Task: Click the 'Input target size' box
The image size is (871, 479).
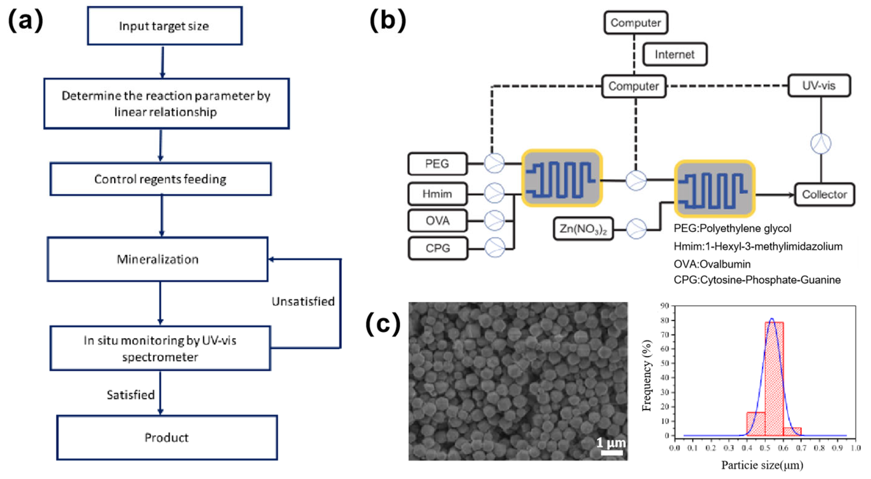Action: [x=165, y=26]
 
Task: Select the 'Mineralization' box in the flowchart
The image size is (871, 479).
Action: [x=157, y=259]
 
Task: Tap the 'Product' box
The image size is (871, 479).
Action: [x=167, y=437]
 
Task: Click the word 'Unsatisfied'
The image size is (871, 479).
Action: [x=303, y=301]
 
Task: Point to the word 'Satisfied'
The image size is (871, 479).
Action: [x=130, y=395]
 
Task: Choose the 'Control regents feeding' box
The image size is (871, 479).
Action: [x=161, y=179]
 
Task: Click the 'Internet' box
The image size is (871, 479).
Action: [x=674, y=54]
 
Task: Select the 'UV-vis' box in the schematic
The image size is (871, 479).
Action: [x=819, y=86]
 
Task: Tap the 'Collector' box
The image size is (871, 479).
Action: [x=824, y=194]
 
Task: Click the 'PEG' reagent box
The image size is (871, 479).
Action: [x=438, y=164]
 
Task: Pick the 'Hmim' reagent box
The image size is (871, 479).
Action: [x=438, y=194]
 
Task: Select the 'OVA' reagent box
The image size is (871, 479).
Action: [x=438, y=221]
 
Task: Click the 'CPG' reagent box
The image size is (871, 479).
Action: [x=438, y=248]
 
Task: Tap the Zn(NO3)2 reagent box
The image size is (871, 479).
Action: [x=583, y=229]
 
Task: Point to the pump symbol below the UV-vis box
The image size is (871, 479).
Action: [x=821, y=143]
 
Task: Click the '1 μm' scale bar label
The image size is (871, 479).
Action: [x=611, y=443]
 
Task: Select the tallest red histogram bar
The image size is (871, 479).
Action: [x=774, y=378]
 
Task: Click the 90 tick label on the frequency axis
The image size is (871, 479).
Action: [x=665, y=306]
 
